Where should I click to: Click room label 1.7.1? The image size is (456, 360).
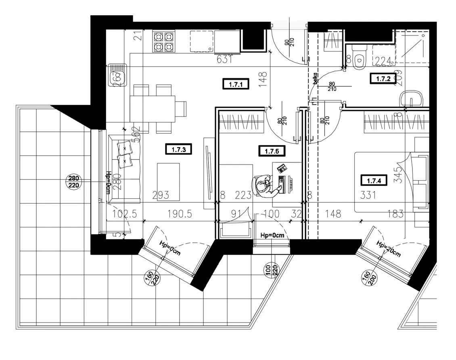pos(235,84)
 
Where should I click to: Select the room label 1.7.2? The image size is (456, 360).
pos(382,79)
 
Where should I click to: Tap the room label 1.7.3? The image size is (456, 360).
pos(178,150)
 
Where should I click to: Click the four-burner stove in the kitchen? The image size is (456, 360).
pos(163,42)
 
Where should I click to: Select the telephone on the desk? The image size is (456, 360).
pos(282,168)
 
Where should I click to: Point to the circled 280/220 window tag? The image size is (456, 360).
pos(73,182)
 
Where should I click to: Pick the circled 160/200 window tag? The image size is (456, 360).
pos(369,278)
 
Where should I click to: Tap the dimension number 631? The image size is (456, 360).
pos(224,60)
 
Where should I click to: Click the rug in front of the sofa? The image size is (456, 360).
pos(168,181)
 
